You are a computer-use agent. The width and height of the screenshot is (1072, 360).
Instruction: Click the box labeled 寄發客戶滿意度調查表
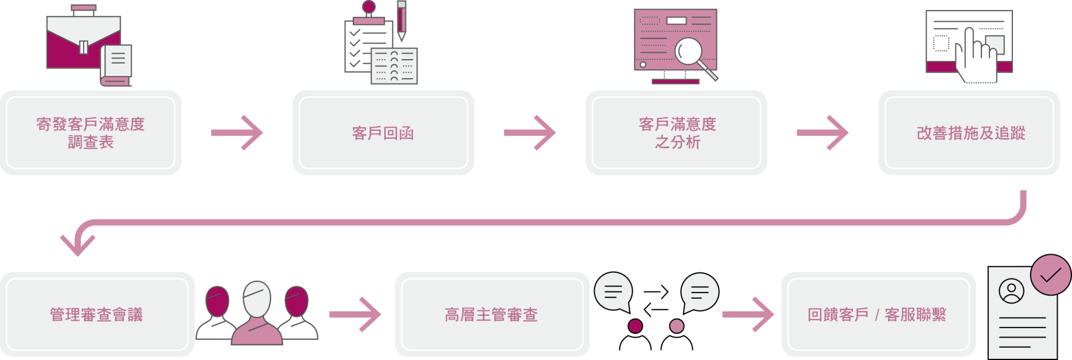point(91,133)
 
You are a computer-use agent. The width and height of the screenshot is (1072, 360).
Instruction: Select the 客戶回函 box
point(383,133)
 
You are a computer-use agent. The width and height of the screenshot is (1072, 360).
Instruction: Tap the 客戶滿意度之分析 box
point(676,133)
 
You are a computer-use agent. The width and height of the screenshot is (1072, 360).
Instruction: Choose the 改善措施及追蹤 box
point(969,133)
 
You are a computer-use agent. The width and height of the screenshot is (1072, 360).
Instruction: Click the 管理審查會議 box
point(97,314)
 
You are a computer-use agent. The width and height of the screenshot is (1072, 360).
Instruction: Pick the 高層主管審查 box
point(491,314)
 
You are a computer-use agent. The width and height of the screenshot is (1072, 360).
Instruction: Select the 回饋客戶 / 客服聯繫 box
point(878,314)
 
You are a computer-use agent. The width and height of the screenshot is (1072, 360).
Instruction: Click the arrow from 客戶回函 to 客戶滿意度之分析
point(530,133)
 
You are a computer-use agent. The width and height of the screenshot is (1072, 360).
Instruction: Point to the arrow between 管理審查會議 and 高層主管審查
point(355,314)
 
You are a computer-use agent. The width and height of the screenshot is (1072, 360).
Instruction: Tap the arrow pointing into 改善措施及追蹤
point(822,133)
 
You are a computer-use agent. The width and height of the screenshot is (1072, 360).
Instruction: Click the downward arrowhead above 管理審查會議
point(78,243)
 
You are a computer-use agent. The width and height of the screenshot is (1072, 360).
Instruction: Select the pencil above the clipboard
point(401,21)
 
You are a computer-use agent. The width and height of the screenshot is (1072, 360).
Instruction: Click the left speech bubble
point(613,291)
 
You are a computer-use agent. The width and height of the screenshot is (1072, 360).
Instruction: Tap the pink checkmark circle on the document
point(1050,275)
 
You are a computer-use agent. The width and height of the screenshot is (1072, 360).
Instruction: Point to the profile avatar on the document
point(1011,291)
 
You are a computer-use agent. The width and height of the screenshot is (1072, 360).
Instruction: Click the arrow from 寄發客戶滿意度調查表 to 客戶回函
point(237,133)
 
